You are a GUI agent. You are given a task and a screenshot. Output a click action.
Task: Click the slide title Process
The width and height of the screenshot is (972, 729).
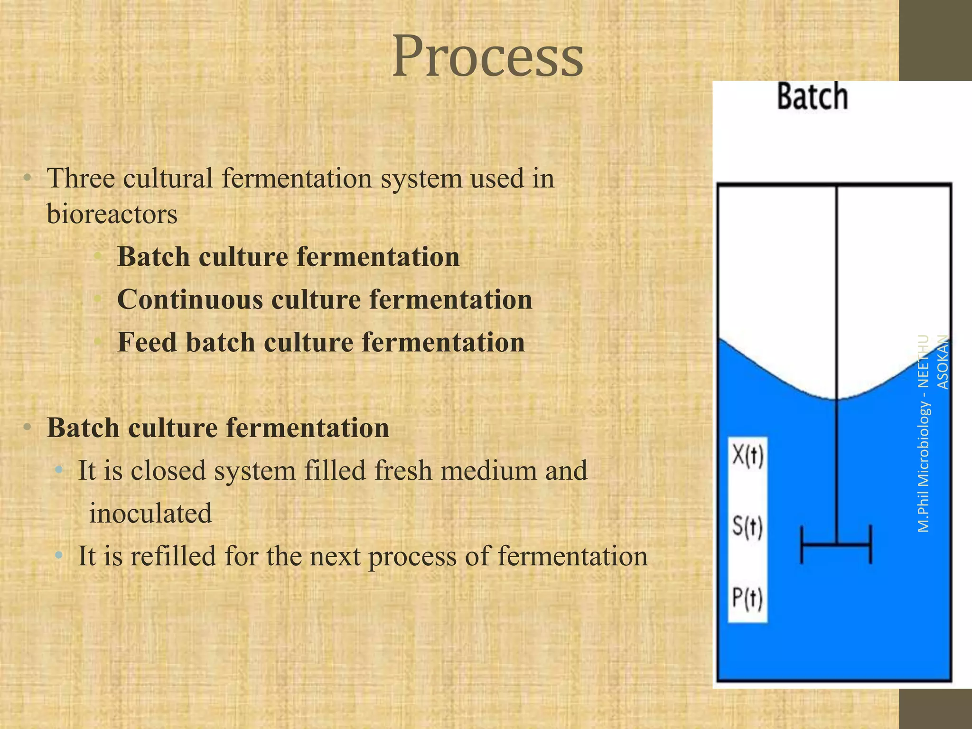(487, 57)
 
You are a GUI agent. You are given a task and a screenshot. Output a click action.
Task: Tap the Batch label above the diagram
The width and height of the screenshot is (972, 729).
(812, 97)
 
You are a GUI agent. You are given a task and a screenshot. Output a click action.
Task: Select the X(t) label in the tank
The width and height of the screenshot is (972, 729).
(748, 457)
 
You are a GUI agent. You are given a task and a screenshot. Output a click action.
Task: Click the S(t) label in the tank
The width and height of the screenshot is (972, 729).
(748, 527)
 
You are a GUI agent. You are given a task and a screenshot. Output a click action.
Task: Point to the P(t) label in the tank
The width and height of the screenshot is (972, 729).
(748, 598)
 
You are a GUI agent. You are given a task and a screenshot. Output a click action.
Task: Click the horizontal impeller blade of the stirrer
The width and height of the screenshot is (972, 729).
(836, 544)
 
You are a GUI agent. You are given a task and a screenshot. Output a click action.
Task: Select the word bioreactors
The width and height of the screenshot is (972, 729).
(112, 214)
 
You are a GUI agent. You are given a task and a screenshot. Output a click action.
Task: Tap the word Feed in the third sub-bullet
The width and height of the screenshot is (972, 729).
(147, 342)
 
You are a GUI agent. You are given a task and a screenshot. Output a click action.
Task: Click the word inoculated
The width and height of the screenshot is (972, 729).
(150, 514)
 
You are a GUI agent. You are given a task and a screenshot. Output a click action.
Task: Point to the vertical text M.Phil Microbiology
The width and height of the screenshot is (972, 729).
(924, 467)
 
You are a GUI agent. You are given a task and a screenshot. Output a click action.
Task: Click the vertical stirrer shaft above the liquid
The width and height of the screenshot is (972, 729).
(836, 285)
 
